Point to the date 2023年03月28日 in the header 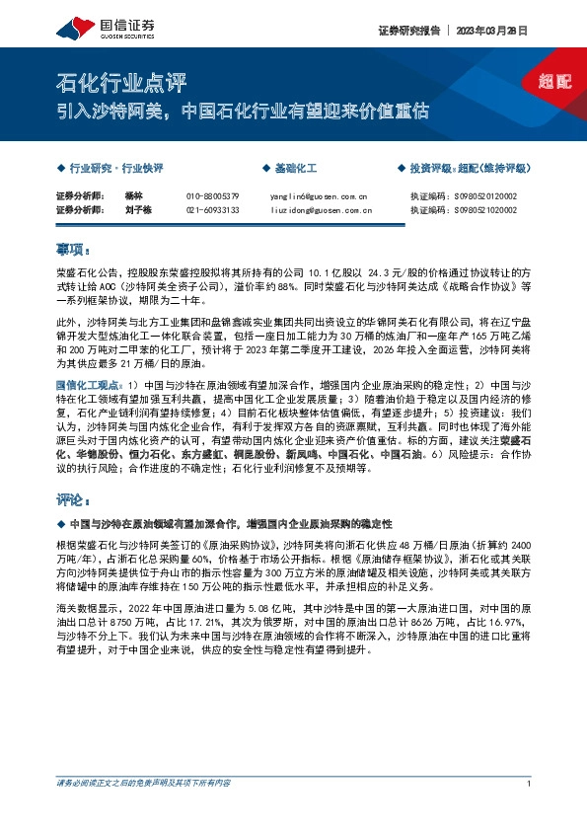click(x=491, y=31)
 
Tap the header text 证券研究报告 click(x=405, y=31)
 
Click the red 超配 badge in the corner click(x=554, y=81)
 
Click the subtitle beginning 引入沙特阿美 click(x=243, y=111)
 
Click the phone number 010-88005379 click(x=212, y=196)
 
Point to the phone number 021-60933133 click(x=212, y=210)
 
